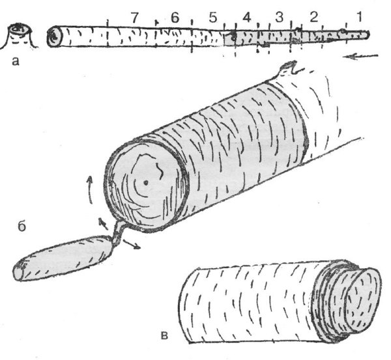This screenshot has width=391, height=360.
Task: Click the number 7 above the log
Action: click(x=135, y=18)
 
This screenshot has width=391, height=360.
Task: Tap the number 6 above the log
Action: click(x=175, y=18)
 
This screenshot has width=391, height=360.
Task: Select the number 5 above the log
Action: click(x=212, y=18)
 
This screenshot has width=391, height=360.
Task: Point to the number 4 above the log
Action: click(x=246, y=18)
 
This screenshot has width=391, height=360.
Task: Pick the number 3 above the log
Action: click(x=280, y=18)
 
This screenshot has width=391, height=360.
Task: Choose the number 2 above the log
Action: click(x=313, y=18)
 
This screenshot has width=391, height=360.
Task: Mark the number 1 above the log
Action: click(x=359, y=17)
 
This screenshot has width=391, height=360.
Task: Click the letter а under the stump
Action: click(x=16, y=61)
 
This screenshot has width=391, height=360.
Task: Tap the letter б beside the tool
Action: click(x=22, y=226)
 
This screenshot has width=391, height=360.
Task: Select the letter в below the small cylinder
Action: click(x=164, y=336)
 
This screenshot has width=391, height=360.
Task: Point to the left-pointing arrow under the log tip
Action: click(x=360, y=57)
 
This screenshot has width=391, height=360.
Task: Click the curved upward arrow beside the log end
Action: click(x=91, y=190)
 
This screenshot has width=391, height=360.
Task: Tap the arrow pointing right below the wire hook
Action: click(x=132, y=244)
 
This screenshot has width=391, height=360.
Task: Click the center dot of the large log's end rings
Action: click(x=146, y=183)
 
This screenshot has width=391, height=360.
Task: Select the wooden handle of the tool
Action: click(x=63, y=258)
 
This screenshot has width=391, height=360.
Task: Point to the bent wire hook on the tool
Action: click(x=119, y=232)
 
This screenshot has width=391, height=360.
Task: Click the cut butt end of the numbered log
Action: click(x=54, y=36)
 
